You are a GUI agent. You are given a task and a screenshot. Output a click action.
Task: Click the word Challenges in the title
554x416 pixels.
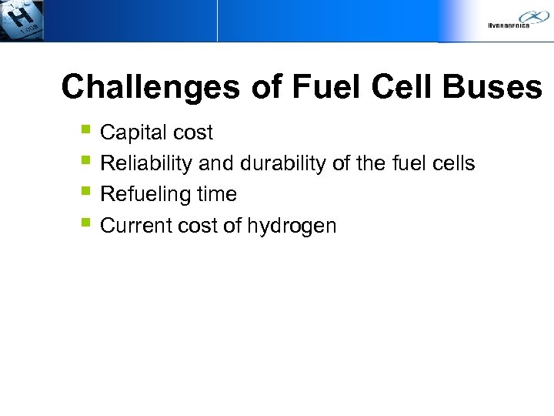point(150,87)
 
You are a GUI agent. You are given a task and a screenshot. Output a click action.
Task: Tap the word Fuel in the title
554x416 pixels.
point(326,87)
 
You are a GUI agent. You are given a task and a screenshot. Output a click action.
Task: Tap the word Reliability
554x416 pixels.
point(146,163)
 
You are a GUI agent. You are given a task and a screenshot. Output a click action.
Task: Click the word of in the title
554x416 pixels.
point(266,87)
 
